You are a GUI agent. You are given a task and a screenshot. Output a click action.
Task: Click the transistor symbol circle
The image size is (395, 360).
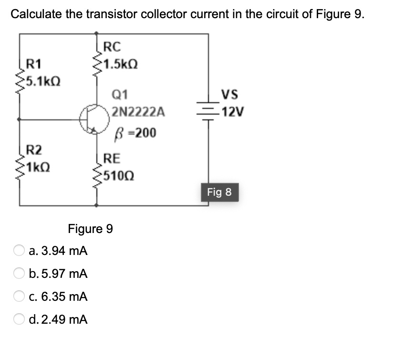pos(92,119)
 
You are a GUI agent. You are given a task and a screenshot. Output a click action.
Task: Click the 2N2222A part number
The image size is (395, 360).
pos(138,113)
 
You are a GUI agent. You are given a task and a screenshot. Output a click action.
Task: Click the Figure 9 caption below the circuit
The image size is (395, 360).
pos(91,229)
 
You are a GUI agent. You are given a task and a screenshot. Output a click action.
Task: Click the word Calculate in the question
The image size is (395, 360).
pos(36,14)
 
